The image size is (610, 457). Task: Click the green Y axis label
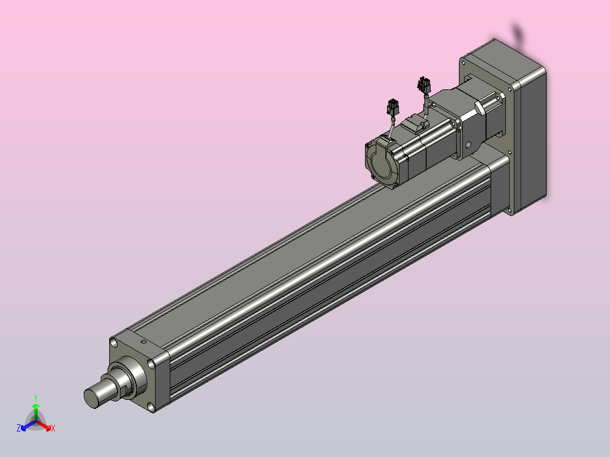coord(36,398)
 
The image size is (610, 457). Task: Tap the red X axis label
coord(53,428)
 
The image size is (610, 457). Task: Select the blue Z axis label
coord(18,428)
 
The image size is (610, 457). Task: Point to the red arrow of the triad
coord(44,425)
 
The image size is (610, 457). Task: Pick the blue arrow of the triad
coord(28,425)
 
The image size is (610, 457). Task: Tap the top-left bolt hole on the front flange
coord(114,343)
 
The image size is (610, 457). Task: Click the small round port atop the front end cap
coord(144,342)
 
